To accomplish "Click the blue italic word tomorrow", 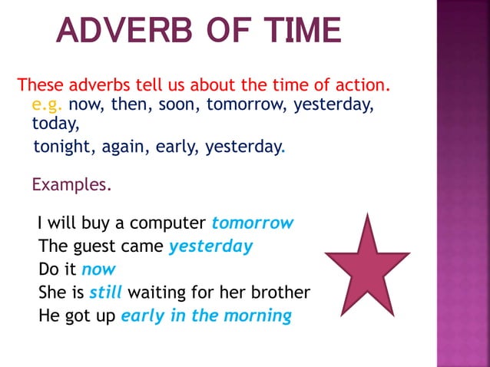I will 253,223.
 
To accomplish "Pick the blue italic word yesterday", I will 210,246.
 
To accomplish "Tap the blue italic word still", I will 106,293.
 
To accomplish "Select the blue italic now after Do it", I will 98,269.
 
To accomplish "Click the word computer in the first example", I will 168,223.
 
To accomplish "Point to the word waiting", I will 161,293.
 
